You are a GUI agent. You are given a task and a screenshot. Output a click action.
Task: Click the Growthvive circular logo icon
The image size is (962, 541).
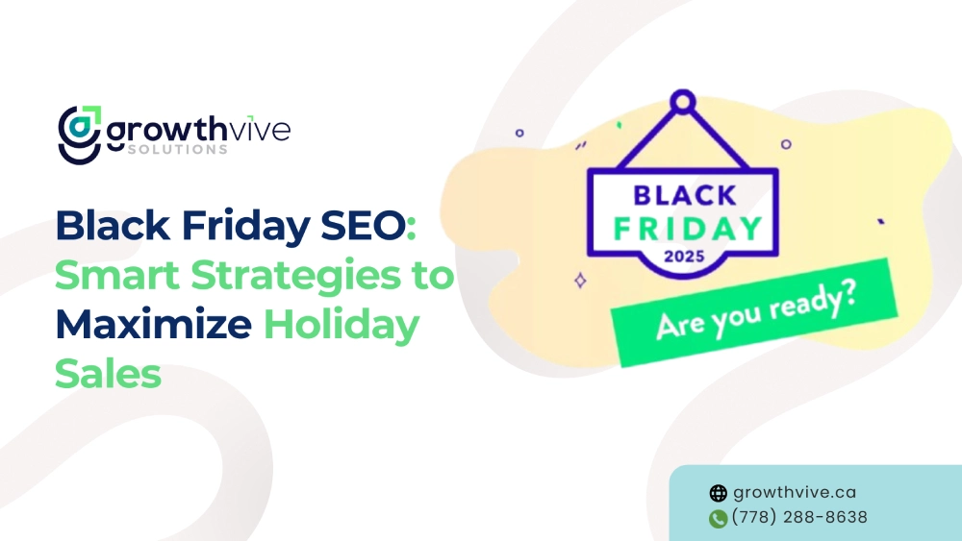click(x=79, y=133)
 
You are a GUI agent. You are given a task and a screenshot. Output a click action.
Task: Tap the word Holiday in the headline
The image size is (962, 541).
click(x=342, y=325)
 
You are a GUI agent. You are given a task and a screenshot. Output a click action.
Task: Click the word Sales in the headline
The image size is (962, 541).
click(x=108, y=374)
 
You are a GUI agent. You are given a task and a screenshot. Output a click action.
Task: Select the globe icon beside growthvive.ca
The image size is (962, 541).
click(x=718, y=494)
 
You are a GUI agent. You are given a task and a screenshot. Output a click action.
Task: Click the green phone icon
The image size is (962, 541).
click(x=718, y=519)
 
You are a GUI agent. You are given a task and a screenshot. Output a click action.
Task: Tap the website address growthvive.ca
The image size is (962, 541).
click(x=795, y=493)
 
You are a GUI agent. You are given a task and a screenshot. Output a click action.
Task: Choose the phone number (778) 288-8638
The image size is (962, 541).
click(x=799, y=517)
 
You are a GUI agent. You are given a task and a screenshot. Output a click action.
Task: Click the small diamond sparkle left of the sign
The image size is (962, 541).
click(x=580, y=281)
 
